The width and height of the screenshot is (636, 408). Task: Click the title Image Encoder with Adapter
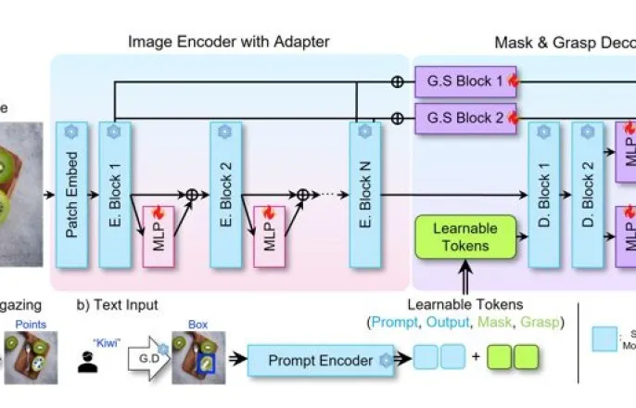(228, 41)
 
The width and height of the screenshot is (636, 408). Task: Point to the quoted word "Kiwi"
(93, 328)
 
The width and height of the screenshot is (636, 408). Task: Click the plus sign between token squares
(474, 358)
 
